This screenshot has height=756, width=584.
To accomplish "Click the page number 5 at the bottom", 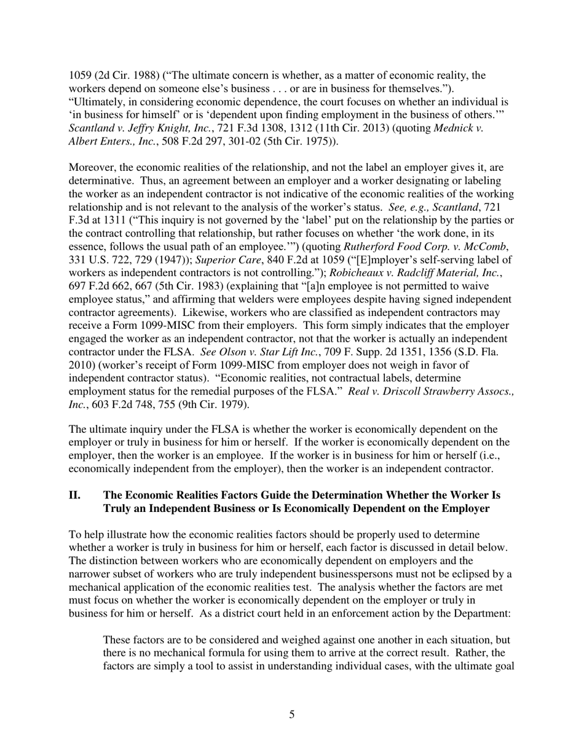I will click(292, 715).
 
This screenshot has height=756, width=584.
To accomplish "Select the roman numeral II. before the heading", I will click(74, 495).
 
